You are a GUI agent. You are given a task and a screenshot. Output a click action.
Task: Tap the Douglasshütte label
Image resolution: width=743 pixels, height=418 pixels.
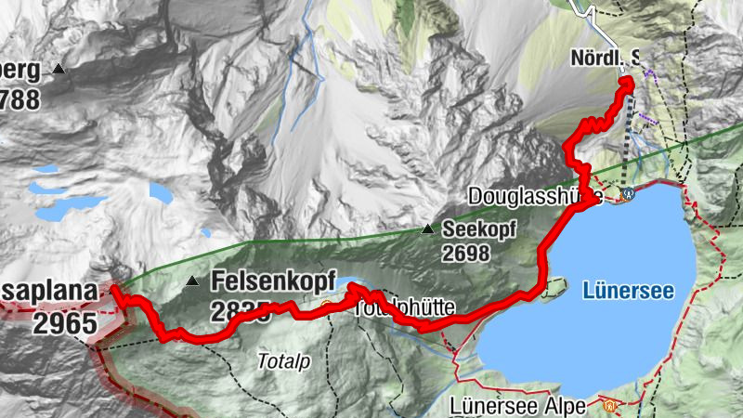(x=535, y=197)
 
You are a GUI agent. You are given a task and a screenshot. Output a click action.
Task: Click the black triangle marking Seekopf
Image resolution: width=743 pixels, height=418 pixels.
(x=427, y=229)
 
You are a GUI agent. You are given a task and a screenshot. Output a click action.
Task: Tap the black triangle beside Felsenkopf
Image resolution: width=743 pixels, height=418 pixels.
(x=192, y=281)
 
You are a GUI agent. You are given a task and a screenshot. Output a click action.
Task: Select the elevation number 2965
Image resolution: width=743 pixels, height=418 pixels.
(x=65, y=323)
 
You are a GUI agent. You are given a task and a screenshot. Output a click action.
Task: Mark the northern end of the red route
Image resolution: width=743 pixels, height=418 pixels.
(x=627, y=83)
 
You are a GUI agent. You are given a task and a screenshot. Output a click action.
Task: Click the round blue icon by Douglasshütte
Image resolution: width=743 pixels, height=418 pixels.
(x=630, y=195)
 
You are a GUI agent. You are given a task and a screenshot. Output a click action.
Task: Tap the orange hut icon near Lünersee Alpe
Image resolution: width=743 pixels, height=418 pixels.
(x=609, y=405)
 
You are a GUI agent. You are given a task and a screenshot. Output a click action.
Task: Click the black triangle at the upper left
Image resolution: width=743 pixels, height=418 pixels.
(x=59, y=69)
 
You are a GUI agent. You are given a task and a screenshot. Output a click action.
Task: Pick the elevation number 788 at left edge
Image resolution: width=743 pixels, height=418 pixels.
(x=20, y=98)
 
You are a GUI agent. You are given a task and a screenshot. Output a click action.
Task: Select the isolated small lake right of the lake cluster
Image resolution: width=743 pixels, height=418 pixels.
(x=160, y=194)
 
